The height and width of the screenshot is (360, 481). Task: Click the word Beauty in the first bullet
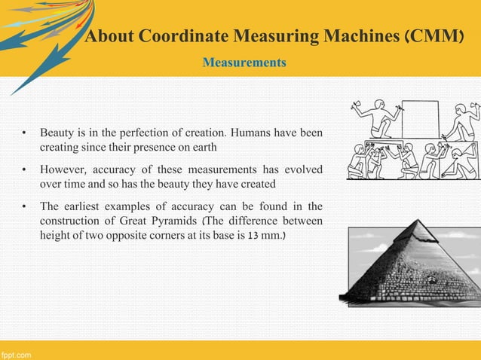coord(57,133)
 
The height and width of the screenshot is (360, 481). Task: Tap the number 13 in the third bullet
coord(244,235)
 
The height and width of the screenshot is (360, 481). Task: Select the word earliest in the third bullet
coord(87,205)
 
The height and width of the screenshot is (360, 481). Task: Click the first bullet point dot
coord(25,134)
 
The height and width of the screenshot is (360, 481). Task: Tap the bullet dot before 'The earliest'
coord(25,206)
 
